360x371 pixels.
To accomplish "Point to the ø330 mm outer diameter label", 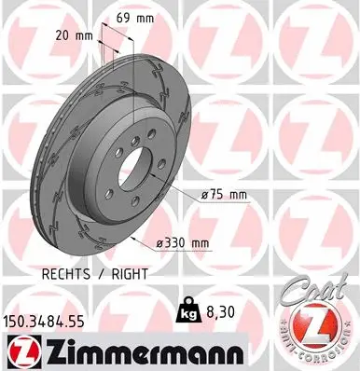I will (x=182, y=242).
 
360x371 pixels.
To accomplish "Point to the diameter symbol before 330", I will (x=160, y=242).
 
